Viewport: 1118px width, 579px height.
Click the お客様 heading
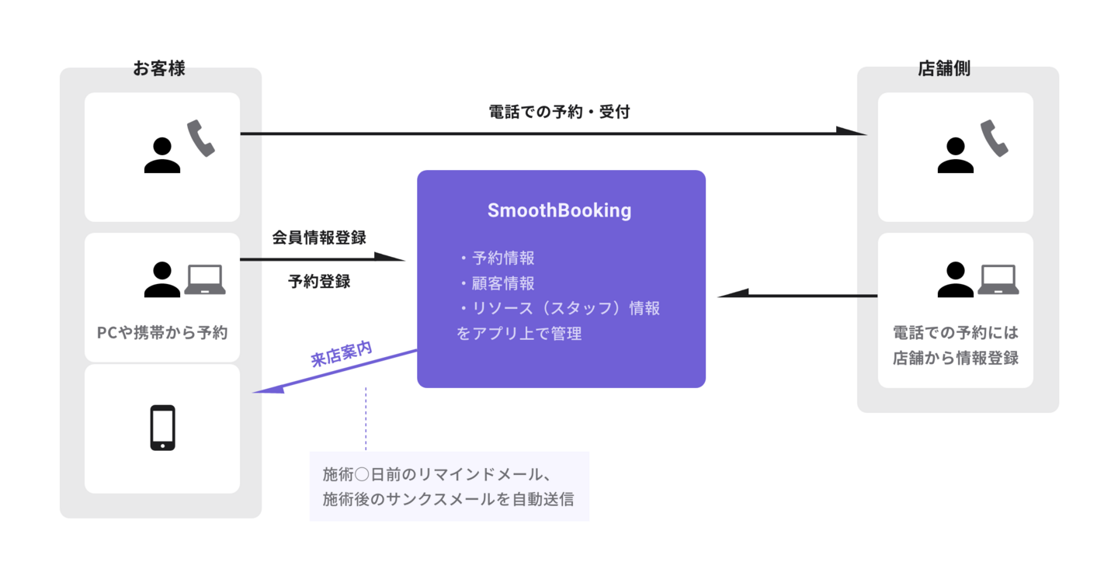pos(159,68)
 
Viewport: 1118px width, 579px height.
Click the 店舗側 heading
pos(944,68)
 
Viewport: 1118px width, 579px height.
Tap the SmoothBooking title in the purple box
pos(559,210)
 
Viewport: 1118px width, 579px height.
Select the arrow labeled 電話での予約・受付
pos(543,133)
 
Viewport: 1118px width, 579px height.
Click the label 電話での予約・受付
pos(559,112)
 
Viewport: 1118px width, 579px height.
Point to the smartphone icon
pos(162,428)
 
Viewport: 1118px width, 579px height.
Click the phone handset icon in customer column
pos(200,139)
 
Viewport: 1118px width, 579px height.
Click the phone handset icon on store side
pos(994,139)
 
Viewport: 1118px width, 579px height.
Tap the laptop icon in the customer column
pos(205,280)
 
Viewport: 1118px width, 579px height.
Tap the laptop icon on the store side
pos(998,280)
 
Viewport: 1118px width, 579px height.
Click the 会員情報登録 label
pos(319,237)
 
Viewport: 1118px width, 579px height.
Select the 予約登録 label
pos(319,282)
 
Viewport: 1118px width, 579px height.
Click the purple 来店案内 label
pos(341,353)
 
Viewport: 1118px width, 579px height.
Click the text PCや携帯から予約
pos(162,332)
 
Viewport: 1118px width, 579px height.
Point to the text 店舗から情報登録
pos(955,359)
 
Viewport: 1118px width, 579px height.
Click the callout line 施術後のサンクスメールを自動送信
pos(448,499)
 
